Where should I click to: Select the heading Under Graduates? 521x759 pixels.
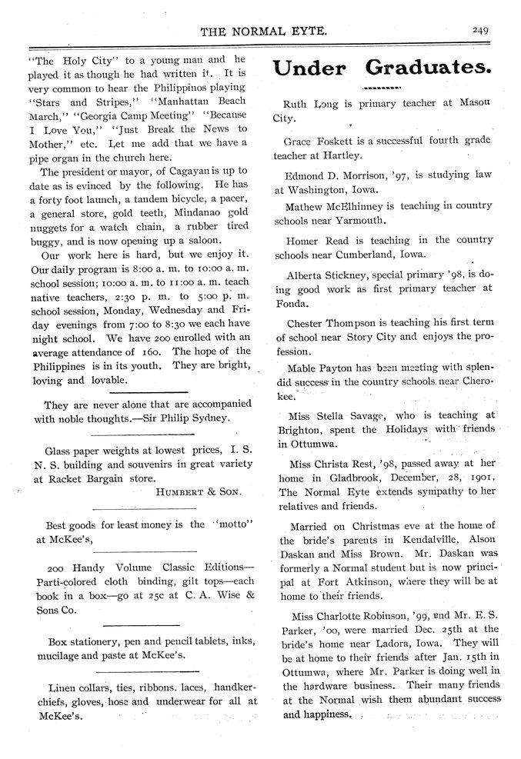pyautogui.click(x=382, y=68)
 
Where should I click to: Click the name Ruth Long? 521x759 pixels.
pyautogui.click(x=309, y=102)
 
